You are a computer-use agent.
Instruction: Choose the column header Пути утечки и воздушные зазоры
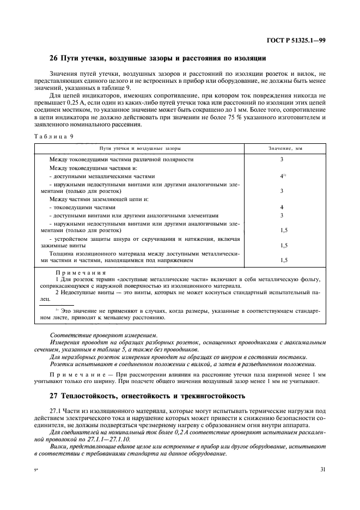click(140, 148)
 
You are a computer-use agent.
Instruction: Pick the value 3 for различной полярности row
click(282, 160)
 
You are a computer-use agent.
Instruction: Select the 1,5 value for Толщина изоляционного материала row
click(283, 260)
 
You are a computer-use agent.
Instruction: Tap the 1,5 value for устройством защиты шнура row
click(283, 245)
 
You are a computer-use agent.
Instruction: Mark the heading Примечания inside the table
click(81, 273)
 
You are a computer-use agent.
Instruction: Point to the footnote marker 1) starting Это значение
click(57, 309)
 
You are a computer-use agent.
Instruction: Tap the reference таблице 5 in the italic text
click(131, 349)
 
